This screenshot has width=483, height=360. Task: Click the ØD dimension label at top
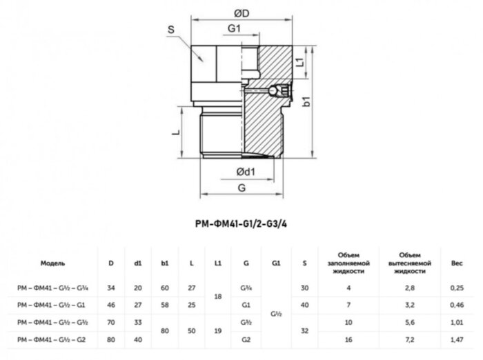pos(241,14)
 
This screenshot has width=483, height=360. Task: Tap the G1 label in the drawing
pos(234,28)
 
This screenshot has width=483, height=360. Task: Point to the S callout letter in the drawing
pos(170,30)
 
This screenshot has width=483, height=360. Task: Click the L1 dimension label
pos(300,62)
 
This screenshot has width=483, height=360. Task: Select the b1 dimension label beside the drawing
pos(306,101)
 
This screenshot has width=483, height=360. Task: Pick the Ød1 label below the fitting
pos(246,172)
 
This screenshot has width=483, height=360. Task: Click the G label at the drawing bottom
pos(241,188)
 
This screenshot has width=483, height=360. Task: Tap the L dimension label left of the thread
pos(175,132)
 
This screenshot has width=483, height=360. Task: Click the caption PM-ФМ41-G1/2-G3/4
pos(241,224)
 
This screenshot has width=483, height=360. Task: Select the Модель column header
pos(52,263)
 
